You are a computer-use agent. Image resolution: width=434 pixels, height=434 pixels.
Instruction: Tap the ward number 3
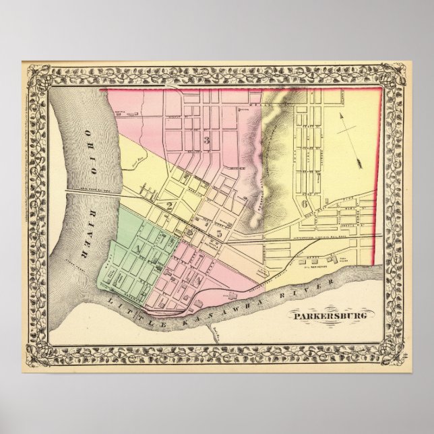click(208, 140)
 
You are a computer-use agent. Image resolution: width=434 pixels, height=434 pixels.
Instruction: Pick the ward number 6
click(305, 204)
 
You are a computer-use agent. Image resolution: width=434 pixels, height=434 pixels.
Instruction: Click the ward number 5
click(218, 233)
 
